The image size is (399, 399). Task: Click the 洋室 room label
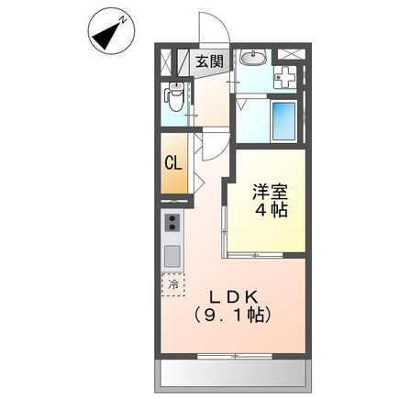pos(272,192)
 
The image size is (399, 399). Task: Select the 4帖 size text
pos(272,210)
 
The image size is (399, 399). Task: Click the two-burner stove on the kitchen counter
pos(172,223)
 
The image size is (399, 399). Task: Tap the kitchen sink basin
pos(172,253)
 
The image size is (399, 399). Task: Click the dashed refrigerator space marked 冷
pos(172,283)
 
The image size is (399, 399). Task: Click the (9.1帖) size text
pos(232,315)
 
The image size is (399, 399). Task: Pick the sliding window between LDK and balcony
pos(234,354)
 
